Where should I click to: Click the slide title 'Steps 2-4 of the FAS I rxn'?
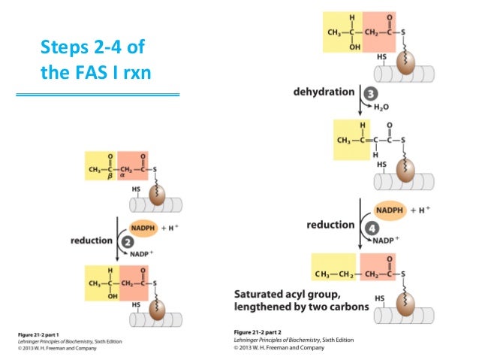tap(92, 62)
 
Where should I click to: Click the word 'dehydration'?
tap(324, 92)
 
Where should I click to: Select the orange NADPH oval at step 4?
tap(390, 211)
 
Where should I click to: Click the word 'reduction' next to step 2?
tap(92, 241)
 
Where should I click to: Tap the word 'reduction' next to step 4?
tap(330, 225)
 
